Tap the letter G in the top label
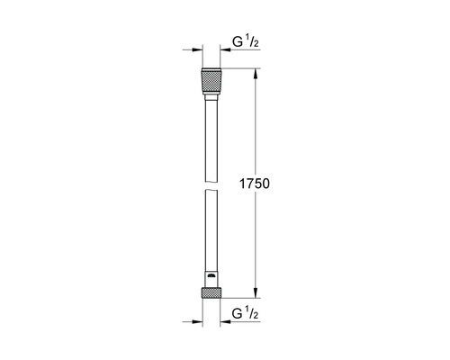[x=238, y=41]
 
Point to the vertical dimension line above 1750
[x=256, y=126]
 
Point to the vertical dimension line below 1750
[x=256, y=238]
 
